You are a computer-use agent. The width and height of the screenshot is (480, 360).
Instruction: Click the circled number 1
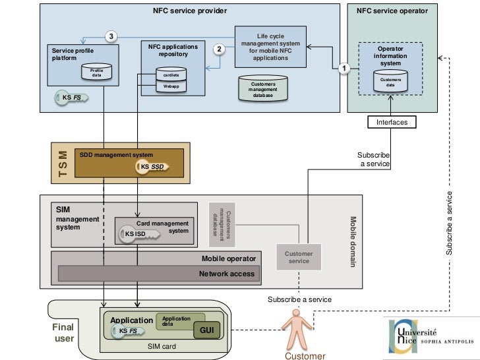tap(343, 67)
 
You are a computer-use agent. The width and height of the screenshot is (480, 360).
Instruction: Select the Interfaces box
tap(392, 122)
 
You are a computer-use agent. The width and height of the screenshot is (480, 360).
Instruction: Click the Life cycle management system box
tap(270, 47)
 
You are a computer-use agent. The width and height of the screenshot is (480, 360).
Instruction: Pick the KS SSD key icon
tap(152, 167)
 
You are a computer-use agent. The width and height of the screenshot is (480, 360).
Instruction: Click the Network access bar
tap(158, 274)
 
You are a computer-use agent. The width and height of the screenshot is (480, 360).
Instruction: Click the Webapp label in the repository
tap(171, 86)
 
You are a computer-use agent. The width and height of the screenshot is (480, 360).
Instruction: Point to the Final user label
tap(63, 332)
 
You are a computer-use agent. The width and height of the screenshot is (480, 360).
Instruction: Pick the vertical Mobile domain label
tap(353, 241)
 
